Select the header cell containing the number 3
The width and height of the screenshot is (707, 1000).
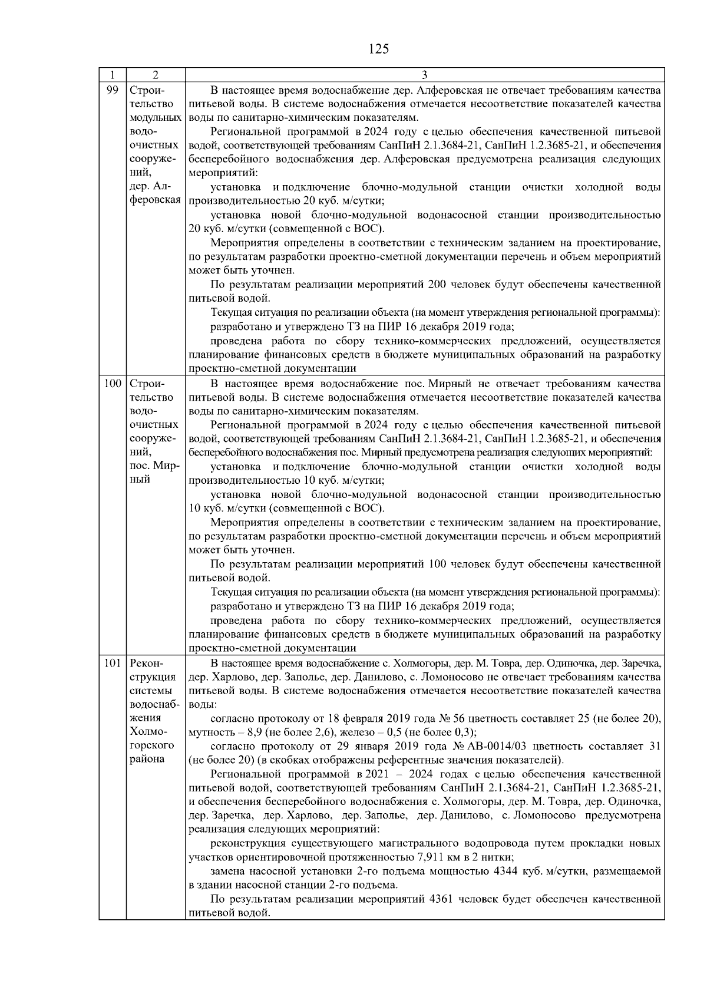[424, 75]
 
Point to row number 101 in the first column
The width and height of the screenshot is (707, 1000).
[112, 664]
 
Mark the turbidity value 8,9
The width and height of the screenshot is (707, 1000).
[253, 732]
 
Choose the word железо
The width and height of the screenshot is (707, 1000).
[357, 732]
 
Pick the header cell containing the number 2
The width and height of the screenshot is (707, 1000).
[155, 75]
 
